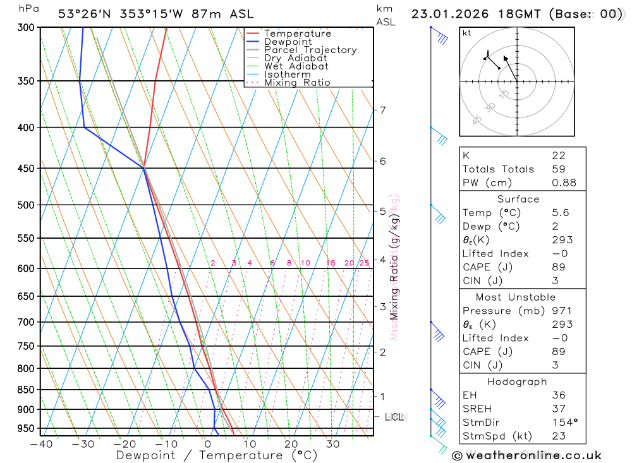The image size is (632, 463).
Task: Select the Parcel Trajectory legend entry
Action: point(310,50)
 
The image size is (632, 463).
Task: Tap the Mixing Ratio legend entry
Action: point(297,83)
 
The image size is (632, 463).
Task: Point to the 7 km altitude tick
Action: point(383,110)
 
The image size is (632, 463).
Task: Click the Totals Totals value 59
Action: point(558,169)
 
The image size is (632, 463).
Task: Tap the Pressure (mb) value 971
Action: point(561,311)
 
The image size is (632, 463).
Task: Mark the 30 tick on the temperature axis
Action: point(332,444)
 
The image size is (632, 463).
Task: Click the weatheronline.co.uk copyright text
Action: point(526,455)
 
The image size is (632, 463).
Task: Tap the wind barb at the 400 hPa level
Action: point(439,135)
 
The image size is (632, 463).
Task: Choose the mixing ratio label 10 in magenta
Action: point(305,263)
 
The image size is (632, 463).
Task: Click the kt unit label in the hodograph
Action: point(467,33)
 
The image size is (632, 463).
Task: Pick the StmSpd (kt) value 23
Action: point(558,436)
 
